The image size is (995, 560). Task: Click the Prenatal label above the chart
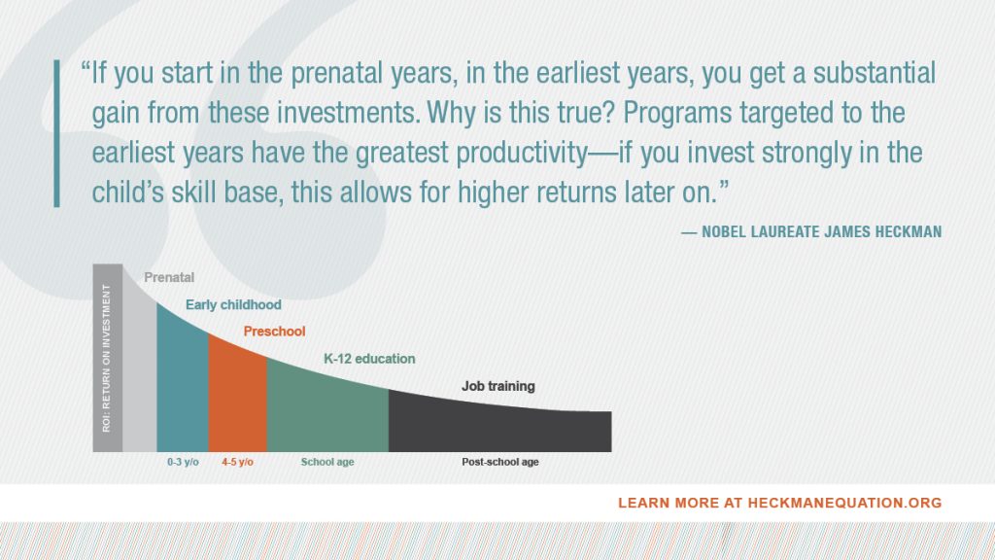point(169,278)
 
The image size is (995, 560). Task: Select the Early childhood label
point(233,305)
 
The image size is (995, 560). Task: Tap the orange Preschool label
point(274,332)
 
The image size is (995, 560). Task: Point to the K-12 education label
point(369,359)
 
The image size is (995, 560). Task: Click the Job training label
point(497,386)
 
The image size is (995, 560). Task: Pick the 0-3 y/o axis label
point(182,462)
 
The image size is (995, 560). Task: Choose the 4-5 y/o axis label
point(237,462)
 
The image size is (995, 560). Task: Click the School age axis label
point(327,462)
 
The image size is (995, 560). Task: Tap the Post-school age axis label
point(499,462)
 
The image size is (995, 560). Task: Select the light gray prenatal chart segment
point(140,379)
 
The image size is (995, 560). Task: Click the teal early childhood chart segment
point(182,389)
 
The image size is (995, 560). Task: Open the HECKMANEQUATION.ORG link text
point(842,503)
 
